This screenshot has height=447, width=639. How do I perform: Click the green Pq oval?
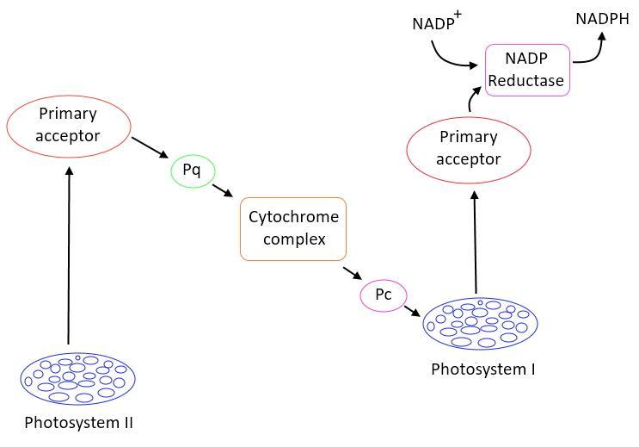[192, 171]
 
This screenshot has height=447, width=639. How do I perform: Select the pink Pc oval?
[383, 295]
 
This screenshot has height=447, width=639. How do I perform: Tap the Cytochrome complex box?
[293, 228]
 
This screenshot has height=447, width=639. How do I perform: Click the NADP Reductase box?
[527, 70]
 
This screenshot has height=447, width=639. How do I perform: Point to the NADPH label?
[602, 17]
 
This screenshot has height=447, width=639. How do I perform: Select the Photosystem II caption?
[78, 423]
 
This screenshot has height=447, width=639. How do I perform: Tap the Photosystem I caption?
[482, 369]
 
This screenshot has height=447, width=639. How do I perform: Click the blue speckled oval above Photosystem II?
[78, 378]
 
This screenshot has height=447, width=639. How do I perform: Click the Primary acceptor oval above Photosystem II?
[69, 125]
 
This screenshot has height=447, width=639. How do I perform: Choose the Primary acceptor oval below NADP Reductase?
[469, 148]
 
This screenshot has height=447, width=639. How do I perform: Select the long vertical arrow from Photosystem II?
[69, 254]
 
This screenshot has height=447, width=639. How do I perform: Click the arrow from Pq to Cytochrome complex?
[222, 189]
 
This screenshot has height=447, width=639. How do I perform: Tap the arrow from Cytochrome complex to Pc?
[352, 274]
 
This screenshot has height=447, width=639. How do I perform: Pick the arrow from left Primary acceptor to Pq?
[151, 146]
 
